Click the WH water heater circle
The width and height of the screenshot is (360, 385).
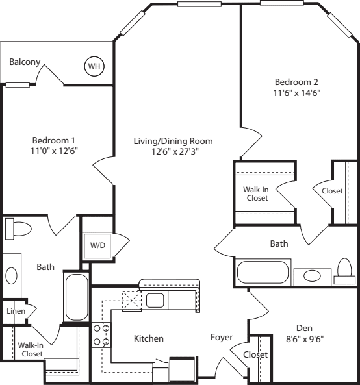94,66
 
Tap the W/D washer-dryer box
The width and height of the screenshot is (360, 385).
97,245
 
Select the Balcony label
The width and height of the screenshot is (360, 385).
25,62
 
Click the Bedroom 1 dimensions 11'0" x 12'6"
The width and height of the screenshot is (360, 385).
55,151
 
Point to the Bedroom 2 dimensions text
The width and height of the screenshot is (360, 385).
297,93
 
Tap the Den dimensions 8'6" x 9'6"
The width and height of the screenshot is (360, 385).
305,339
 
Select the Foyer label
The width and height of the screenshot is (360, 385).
222,338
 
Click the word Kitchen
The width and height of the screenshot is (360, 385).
149,338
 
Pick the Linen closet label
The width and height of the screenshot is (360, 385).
16,311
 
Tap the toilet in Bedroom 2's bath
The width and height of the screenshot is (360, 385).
344,271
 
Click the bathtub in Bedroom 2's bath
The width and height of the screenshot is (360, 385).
263,272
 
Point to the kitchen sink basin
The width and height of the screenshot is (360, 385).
155,300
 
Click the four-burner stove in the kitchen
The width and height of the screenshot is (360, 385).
101,335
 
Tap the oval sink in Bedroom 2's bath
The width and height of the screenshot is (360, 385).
312,276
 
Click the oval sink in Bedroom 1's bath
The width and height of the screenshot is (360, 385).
11,276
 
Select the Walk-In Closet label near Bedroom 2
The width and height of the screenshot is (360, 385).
256,193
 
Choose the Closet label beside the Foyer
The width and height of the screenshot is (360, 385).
255,354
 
